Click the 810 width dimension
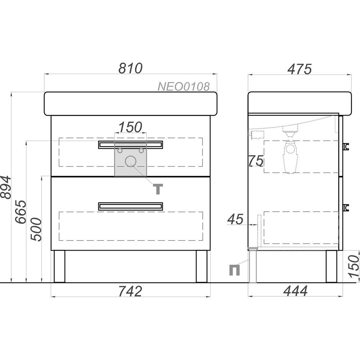point(130,68)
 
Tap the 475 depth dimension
point(300,69)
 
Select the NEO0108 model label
point(184,86)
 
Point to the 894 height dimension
point(5,187)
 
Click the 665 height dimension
point(21,212)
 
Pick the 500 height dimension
point(36,229)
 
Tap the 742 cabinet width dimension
point(130,291)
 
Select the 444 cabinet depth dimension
point(295,291)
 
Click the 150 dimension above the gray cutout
point(130,127)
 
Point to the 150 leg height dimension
point(354,266)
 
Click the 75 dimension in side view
point(256,161)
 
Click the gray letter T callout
point(158,189)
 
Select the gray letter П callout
point(235,270)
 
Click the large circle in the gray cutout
point(131,161)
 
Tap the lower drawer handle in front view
point(131,206)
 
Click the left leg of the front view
point(59,266)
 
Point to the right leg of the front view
point(202,266)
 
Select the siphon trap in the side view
point(291,152)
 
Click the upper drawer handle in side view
point(346,147)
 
